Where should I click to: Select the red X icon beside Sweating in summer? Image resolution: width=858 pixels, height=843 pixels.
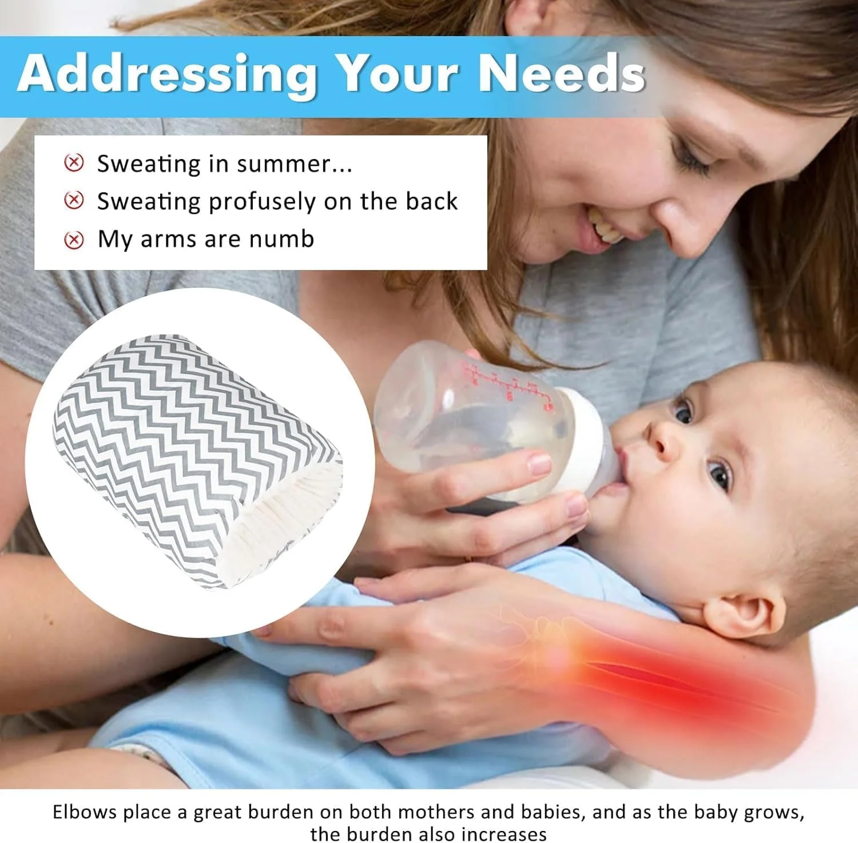click(x=74, y=163)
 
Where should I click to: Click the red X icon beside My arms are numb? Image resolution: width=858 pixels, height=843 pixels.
click(x=74, y=240)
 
